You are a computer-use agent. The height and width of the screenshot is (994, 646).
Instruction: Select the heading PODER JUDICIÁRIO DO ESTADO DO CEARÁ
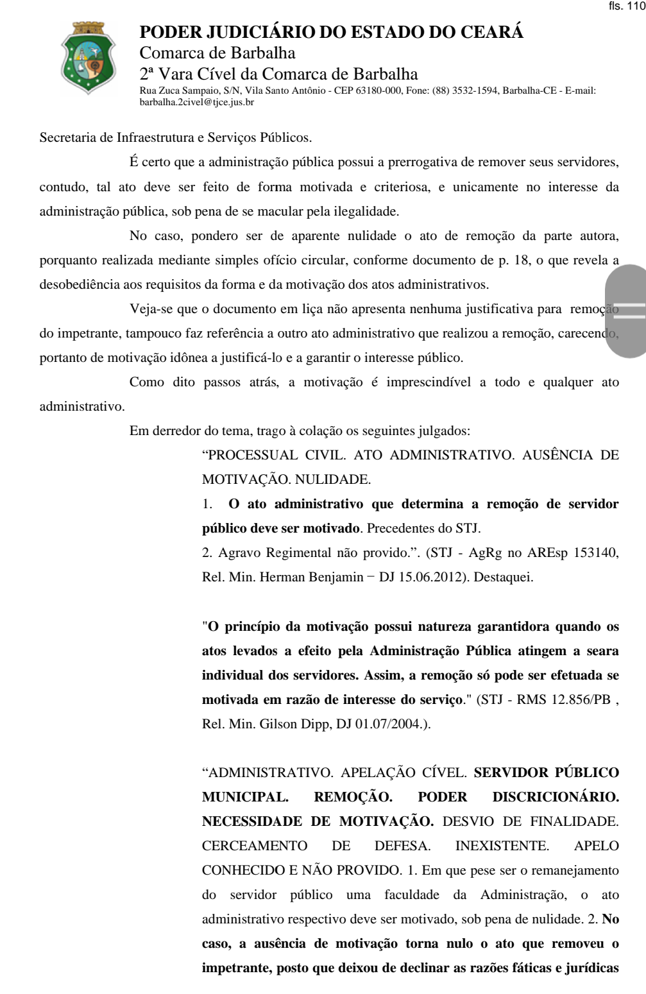coord(332,33)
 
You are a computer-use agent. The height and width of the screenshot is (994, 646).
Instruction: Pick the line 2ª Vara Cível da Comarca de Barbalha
coord(278,74)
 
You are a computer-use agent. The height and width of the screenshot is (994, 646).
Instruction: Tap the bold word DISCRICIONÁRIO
coord(556,796)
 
